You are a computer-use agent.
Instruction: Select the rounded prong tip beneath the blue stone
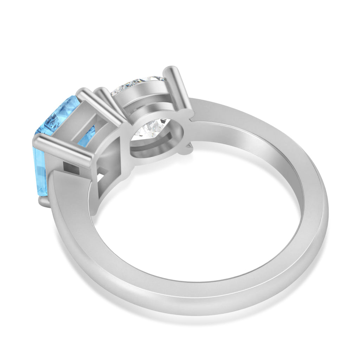[x=44, y=202]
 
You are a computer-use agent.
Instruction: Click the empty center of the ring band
[x=197, y=225]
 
